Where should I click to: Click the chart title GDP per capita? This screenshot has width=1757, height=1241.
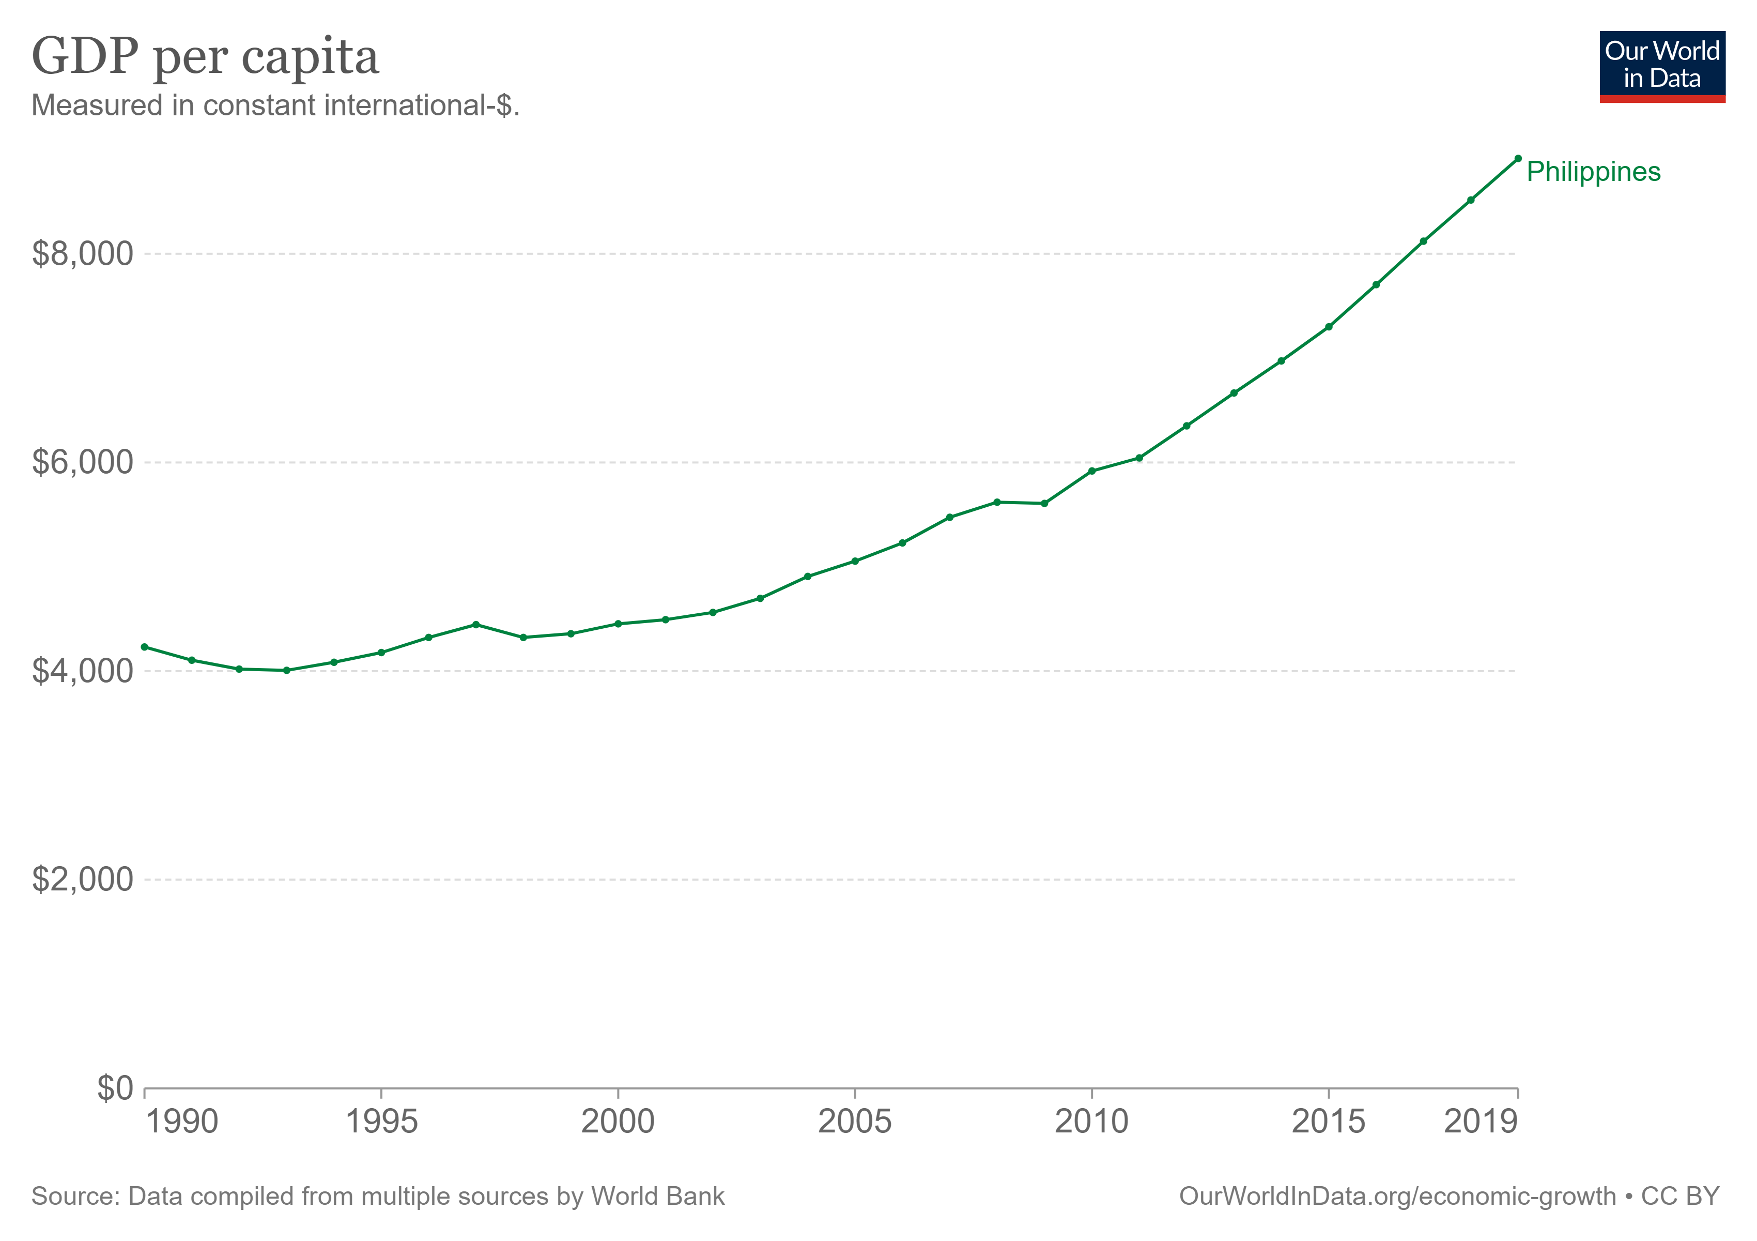coord(205,57)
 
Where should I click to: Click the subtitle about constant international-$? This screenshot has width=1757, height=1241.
coord(275,105)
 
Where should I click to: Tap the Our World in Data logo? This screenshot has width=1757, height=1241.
coord(1661,67)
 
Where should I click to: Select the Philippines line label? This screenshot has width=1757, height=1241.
coord(1593,172)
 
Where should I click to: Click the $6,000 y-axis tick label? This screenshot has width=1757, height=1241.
coord(83,462)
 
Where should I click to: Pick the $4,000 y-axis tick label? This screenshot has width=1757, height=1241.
coord(83,671)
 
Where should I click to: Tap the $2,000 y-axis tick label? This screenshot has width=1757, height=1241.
coord(83,880)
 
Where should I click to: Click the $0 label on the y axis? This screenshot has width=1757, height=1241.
coord(115,1088)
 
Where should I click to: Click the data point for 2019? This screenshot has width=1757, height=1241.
coord(1517,158)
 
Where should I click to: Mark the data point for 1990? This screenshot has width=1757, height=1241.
coord(145,647)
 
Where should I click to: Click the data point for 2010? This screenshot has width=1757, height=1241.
coord(1091,471)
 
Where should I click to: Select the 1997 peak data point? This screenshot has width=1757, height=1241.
coord(476,625)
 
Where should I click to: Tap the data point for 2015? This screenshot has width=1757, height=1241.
coord(1329,327)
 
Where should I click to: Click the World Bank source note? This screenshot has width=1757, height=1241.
coord(377,1197)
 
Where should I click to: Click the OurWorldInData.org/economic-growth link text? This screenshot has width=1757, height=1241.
coord(1397,1197)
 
